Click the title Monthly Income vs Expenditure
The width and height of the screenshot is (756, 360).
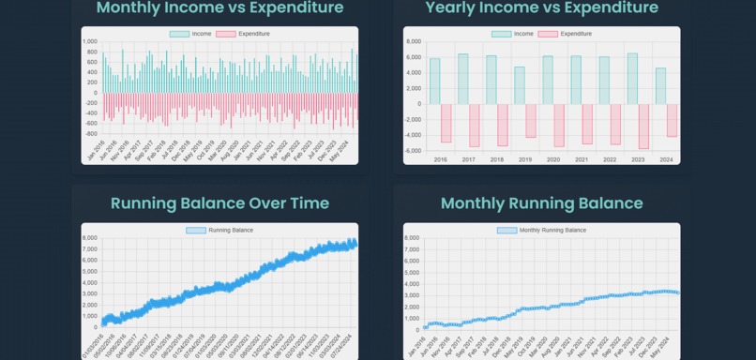tap(219, 8)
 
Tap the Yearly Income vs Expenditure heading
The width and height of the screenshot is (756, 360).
tap(541, 8)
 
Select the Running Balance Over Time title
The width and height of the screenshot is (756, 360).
tap(219, 203)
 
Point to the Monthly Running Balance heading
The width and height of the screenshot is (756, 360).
tap(541, 203)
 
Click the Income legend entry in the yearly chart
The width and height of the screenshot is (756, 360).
tap(513, 34)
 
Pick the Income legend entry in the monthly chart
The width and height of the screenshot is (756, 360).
tap(191, 34)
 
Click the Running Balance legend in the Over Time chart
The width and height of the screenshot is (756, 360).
tap(219, 230)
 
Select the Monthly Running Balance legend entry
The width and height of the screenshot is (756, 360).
tap(541, 230)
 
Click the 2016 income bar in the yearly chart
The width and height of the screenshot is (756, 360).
tap(434, 82)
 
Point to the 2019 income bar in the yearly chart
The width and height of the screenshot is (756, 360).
tap(520, 85)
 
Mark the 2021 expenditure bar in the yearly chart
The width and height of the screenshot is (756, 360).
tap(587, 124)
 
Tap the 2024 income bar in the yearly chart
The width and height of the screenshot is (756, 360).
tap(660, 86)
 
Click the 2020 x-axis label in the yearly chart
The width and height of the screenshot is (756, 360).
tap(553, 160)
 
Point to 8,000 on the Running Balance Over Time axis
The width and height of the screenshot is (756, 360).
tap(90, 238)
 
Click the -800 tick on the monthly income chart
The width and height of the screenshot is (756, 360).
tap(91, 133)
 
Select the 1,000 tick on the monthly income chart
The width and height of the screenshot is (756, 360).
tap(90, 42)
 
